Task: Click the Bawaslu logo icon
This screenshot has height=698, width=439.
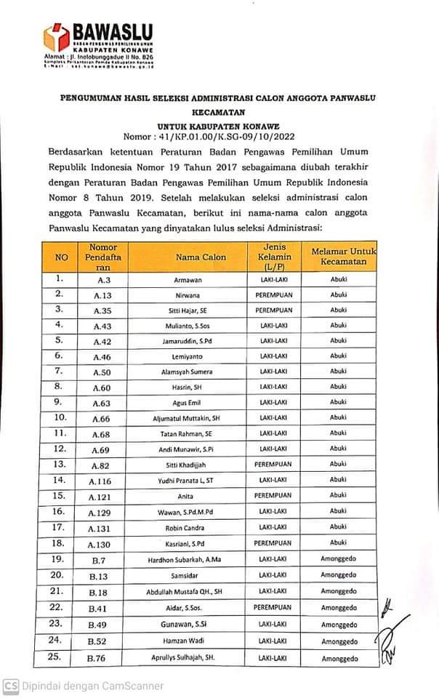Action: coord(57,35)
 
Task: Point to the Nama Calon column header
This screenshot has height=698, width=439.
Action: coord(201,257)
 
